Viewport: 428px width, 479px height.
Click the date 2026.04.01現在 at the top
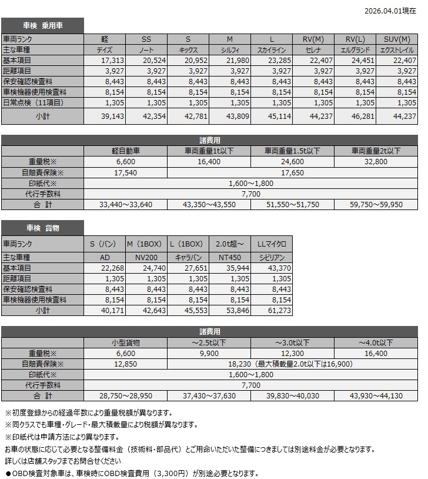pyautogui.click(x=390, y=10)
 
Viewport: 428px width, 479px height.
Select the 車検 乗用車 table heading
pyautogui.click(x=43, y=25)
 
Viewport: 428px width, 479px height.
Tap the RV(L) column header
pyautogui.click(x=356, y=39)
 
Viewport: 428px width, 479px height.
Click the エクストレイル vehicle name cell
pyautogui.click(x=397, y=50)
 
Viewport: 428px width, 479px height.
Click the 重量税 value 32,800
pyautogui.click(x=376, y=161)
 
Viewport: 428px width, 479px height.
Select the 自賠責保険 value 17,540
pyautogui.click(x=126, y=172)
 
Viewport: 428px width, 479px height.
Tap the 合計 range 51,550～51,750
pyautogui.click(x=292, y=204)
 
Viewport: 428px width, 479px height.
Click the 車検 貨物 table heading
pyautogui.click(x=43, y=228)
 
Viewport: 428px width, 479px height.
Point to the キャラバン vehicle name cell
pyautogui.click(x=188, y=257)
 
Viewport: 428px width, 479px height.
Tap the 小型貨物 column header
pyautogui.click(x=126, y=342)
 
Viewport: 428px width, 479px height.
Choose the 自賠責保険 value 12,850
pyautogui.click(x=126, y=364)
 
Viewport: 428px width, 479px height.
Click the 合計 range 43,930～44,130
pyautogui.click(x=376, y=395)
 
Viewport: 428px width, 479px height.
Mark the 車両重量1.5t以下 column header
pyautogui.click(x=292, y=151)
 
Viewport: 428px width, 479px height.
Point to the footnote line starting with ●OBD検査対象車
pyautogui.click(x=132, y=473)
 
